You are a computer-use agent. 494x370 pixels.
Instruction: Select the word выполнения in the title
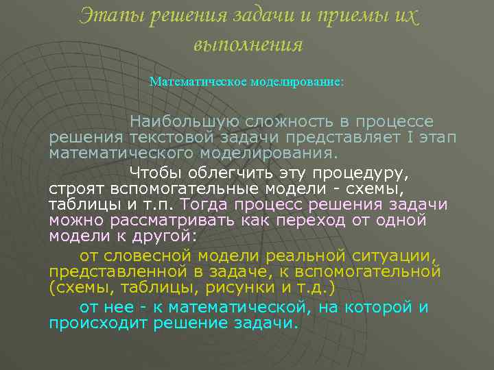coord(248,44)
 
